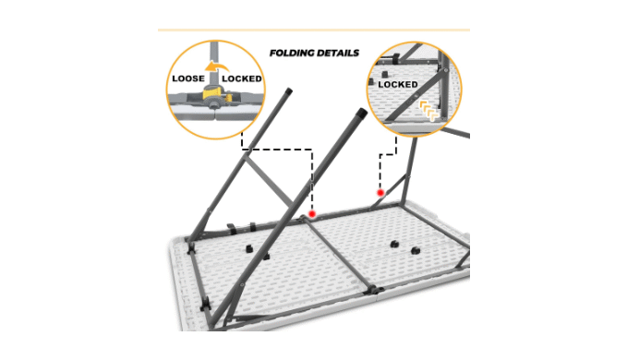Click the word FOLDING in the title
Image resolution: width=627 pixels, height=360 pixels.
point(292,54)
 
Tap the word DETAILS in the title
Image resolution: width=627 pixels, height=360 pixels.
point(337,54)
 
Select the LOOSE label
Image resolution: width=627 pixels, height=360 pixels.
point(188,78)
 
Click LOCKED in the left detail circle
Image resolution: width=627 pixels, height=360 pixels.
point(242,78)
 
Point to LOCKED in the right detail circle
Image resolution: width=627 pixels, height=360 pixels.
point(398,84)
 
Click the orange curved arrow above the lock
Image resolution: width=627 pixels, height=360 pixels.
point(216,66)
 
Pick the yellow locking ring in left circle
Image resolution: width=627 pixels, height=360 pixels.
point(213,92)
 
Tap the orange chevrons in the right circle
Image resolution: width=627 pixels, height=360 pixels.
point(429,111)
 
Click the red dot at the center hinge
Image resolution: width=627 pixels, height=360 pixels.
point(312,214)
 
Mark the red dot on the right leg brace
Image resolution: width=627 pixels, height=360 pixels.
point(380,193)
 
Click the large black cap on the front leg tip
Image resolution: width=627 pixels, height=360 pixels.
point(361,113)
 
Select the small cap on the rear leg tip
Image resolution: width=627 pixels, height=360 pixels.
point(288,91)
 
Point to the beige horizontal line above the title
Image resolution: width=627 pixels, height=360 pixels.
point(314,30)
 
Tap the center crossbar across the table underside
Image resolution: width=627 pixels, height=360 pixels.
point(340,254)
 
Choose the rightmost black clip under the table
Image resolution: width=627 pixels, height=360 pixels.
point(415,251)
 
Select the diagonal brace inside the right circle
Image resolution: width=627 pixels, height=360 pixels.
point(416,95)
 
